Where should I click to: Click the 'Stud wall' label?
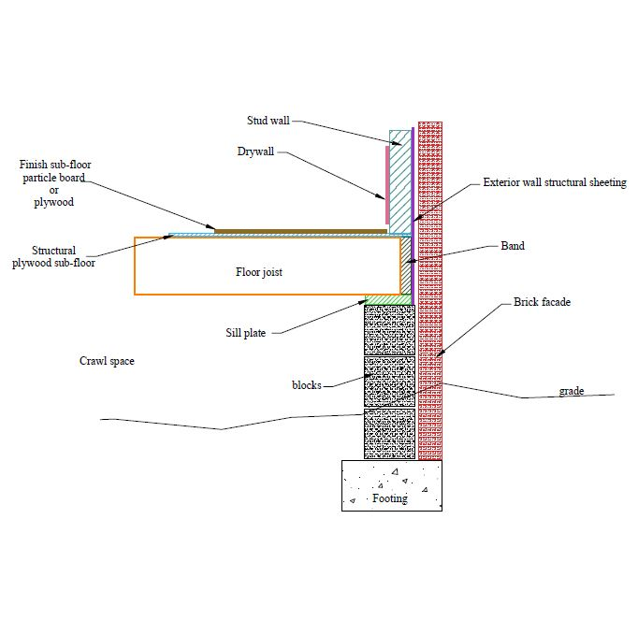click(x=268, y=121)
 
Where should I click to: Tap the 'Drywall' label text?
click(x=255, y=152)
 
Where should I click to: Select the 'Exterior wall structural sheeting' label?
click(x=554, y=182)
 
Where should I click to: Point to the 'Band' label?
click(x=513, y=247)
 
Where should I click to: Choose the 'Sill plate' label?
click(x=246, y=332)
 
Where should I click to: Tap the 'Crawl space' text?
click(x=106, y=361)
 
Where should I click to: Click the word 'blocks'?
click(x=307, y=385)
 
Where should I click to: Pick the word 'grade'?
click(x=572, y=391)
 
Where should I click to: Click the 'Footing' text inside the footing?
click(x=390, y=498)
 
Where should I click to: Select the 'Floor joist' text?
click(x=258, y=273)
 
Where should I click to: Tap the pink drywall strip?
click(x=385, y=173)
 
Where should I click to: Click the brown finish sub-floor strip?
click(x=299, y=230)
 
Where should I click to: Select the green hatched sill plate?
click(x=387, y=299)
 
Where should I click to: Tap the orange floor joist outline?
click(x=136, y=267)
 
